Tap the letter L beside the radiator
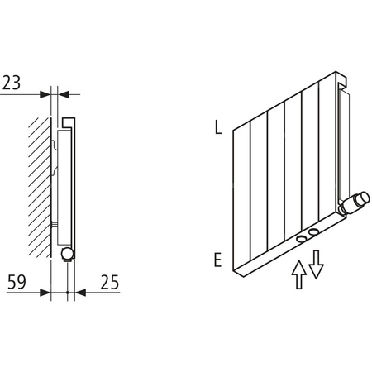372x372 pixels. click(x=217, y=128)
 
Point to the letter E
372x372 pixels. click(x=217, y=260)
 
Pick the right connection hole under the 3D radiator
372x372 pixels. click(x=314, y=232)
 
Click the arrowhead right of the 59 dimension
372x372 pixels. click(x=46, y=292)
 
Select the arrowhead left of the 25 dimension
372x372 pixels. click(x=80, y=292)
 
